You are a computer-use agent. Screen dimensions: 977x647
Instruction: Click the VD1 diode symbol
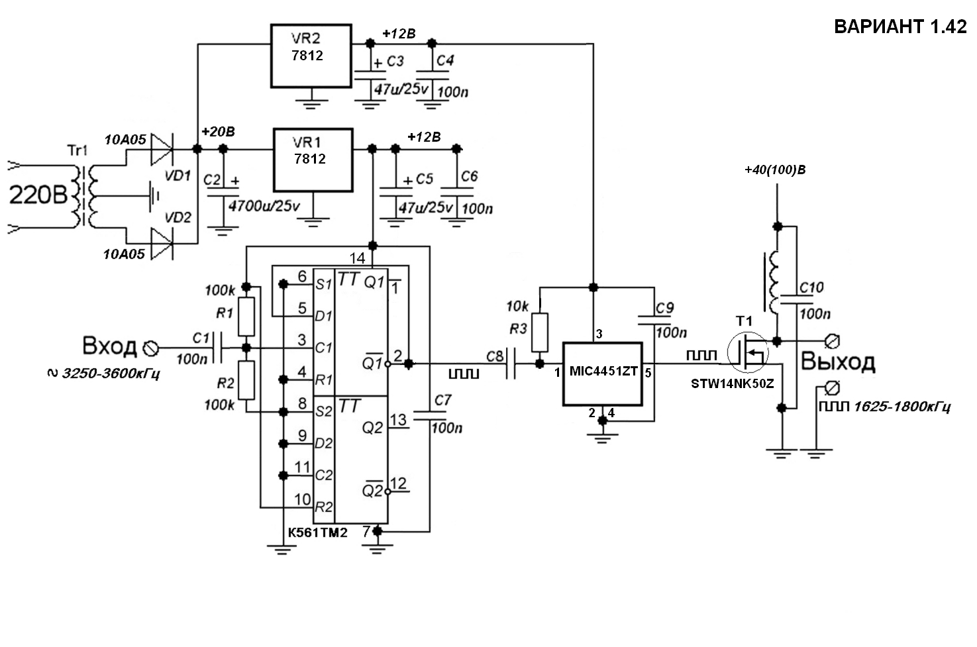(162, 150)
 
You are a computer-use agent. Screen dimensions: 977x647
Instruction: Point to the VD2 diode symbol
(162, 244)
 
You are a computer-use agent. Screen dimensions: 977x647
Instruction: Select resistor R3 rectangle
(540, 332)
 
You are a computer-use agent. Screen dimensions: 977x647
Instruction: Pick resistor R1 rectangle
(246, 317)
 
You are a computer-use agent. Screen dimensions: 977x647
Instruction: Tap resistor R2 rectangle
(246, 380)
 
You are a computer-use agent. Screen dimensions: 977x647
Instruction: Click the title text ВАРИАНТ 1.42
(900, 27)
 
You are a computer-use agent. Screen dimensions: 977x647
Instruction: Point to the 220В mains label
(38, 195)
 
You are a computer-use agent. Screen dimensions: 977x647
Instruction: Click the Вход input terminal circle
(150, 348)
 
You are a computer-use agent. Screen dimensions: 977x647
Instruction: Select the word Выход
(838, 362)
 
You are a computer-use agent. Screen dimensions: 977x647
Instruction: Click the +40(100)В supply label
(775, 170)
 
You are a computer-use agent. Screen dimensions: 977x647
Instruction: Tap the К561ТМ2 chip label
(317, 533)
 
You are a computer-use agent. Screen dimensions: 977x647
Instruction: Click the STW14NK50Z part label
(733, 384)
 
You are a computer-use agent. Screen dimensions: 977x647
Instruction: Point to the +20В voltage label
(218, 132)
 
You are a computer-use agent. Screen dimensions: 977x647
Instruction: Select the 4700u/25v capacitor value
(264, 206)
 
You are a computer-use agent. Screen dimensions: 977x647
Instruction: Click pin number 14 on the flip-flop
(357, 258)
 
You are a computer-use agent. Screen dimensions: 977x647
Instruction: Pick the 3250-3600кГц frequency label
(111, 373)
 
